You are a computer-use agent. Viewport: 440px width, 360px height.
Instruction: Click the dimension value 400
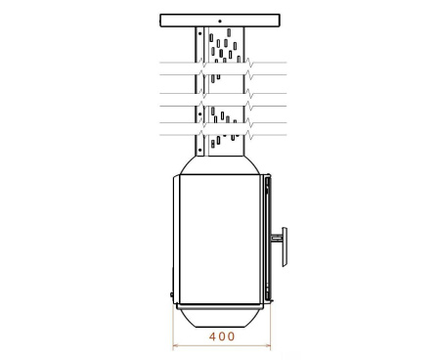222,337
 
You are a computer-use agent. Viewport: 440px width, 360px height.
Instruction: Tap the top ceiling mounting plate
220,20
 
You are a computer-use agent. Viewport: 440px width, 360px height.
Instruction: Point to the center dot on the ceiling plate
220,20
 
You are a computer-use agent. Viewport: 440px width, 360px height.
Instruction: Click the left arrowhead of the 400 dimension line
176,344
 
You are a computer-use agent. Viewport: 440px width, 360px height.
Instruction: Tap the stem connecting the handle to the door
274,236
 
